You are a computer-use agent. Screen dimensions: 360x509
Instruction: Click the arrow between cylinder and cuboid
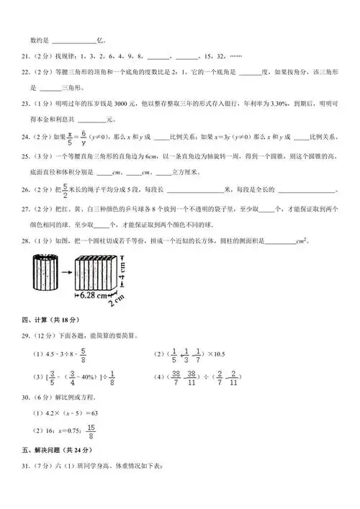64,273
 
